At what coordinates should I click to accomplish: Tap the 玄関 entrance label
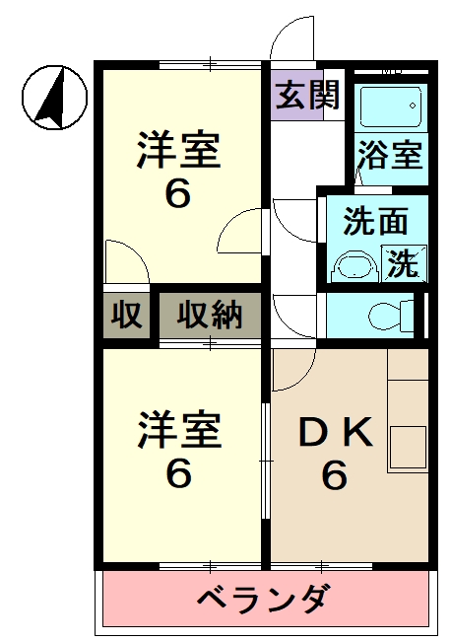(x=307, y=96)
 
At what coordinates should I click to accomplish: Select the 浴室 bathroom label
(x=391, y=156)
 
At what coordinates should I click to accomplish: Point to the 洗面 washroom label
(x=374, y=222)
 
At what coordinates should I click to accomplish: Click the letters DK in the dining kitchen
(x=336, y=433)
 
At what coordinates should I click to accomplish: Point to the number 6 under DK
(x=335, y=477)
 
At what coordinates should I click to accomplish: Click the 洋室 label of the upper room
(x=178, y=151)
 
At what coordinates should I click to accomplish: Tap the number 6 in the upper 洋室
(x=177, y=194)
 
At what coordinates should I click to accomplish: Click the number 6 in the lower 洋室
(x=177, y=474)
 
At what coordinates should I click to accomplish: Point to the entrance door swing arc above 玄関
(x=292, y=41)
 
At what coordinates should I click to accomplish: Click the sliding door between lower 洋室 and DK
(x=267, y=459)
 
